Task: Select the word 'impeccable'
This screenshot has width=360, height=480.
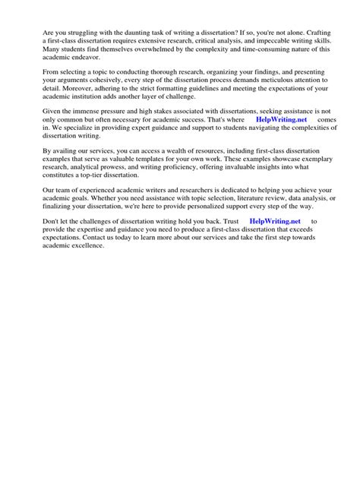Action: tap(256, 42)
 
